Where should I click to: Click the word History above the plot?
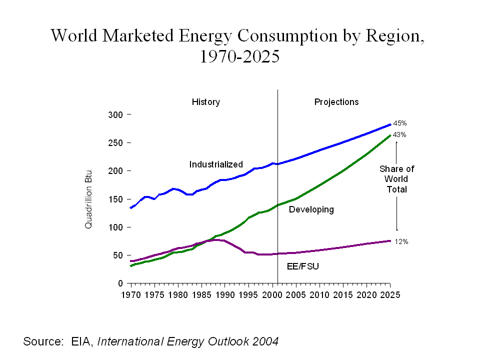(x=205, y=102)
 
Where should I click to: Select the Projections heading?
(x=336, y=102)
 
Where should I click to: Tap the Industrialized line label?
(x=216, y=164)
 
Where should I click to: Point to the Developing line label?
(x=311, y=209)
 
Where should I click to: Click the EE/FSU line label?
(x=302, y=266)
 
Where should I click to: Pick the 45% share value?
(x=399, y=123)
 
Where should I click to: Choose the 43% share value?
(x=399, y=135)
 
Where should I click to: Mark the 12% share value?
(x=401, y=242)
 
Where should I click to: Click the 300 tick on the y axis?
(x=115, y=114)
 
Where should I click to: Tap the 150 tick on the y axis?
(x=115, y=199)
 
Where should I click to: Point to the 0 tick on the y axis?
(x=120, y=283)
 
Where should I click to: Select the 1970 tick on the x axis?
(x=131, y=295)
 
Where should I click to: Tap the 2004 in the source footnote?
(x=265, y=342)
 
